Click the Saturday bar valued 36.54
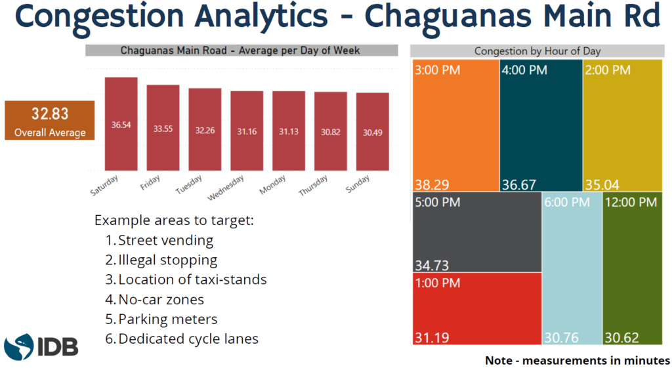pyautogui.click(x=121, y=124)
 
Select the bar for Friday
pyautogui.click(x=163, y=128)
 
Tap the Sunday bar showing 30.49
pyautogui.click(x=373, y=132)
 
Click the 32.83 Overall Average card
pyautogui.click(x=50, y=120)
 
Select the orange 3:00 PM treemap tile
pyautogui.click(x=455, y=125)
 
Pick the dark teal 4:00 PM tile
pyautogui.click(x=540, y=125)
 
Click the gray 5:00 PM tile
pyautogui.click(x=477, y=232)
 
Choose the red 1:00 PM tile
pyautogui.click(x=477, y=308)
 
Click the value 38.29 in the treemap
pyautogui.click(x=430, y=184)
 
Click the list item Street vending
pyautogui.click(x=165, y=241)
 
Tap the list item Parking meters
pyautogui.click(x=167, y=319)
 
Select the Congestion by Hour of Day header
pyautogui.click(x=537, y=51)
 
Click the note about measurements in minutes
pyautogui.click(x=577, y=360)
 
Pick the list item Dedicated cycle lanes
pyautogui.click(x=188, y=339)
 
